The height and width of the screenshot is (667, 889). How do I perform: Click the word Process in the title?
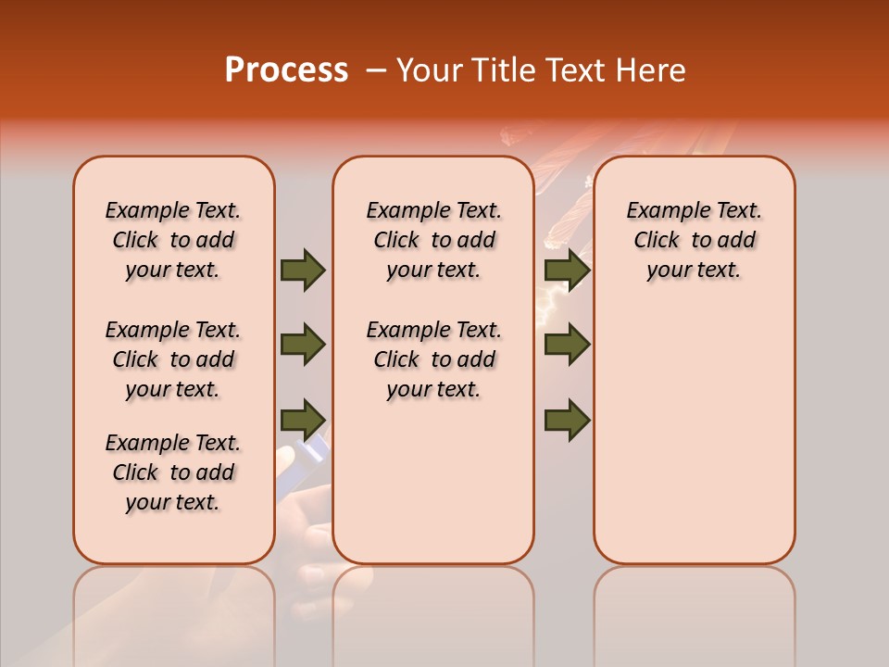coord(286,70)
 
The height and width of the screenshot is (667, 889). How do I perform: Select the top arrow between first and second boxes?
coord(303,271)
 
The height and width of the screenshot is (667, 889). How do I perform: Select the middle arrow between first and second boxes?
coord(303,345)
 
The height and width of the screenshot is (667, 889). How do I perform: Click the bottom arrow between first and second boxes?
coord(303,419)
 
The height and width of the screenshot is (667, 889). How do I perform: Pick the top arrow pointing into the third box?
coord(567,271)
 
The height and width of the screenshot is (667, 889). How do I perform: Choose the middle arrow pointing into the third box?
coord(567,345)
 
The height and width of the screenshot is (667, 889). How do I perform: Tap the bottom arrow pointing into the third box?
coord(567,420)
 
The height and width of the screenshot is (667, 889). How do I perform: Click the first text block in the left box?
coord(173,240)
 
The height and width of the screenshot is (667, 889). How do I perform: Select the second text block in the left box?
coord(173,359)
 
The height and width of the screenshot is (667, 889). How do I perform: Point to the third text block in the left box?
coord(173,472)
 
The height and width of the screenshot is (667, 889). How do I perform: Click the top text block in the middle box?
coord(433,240)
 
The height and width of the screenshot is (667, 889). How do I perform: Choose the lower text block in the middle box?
coord(433,359)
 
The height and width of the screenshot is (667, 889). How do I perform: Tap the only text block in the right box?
coord(694,240)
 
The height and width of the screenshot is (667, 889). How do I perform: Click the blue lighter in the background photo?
coord(309,451)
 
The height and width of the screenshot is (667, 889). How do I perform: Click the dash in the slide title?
coord(376,71)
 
